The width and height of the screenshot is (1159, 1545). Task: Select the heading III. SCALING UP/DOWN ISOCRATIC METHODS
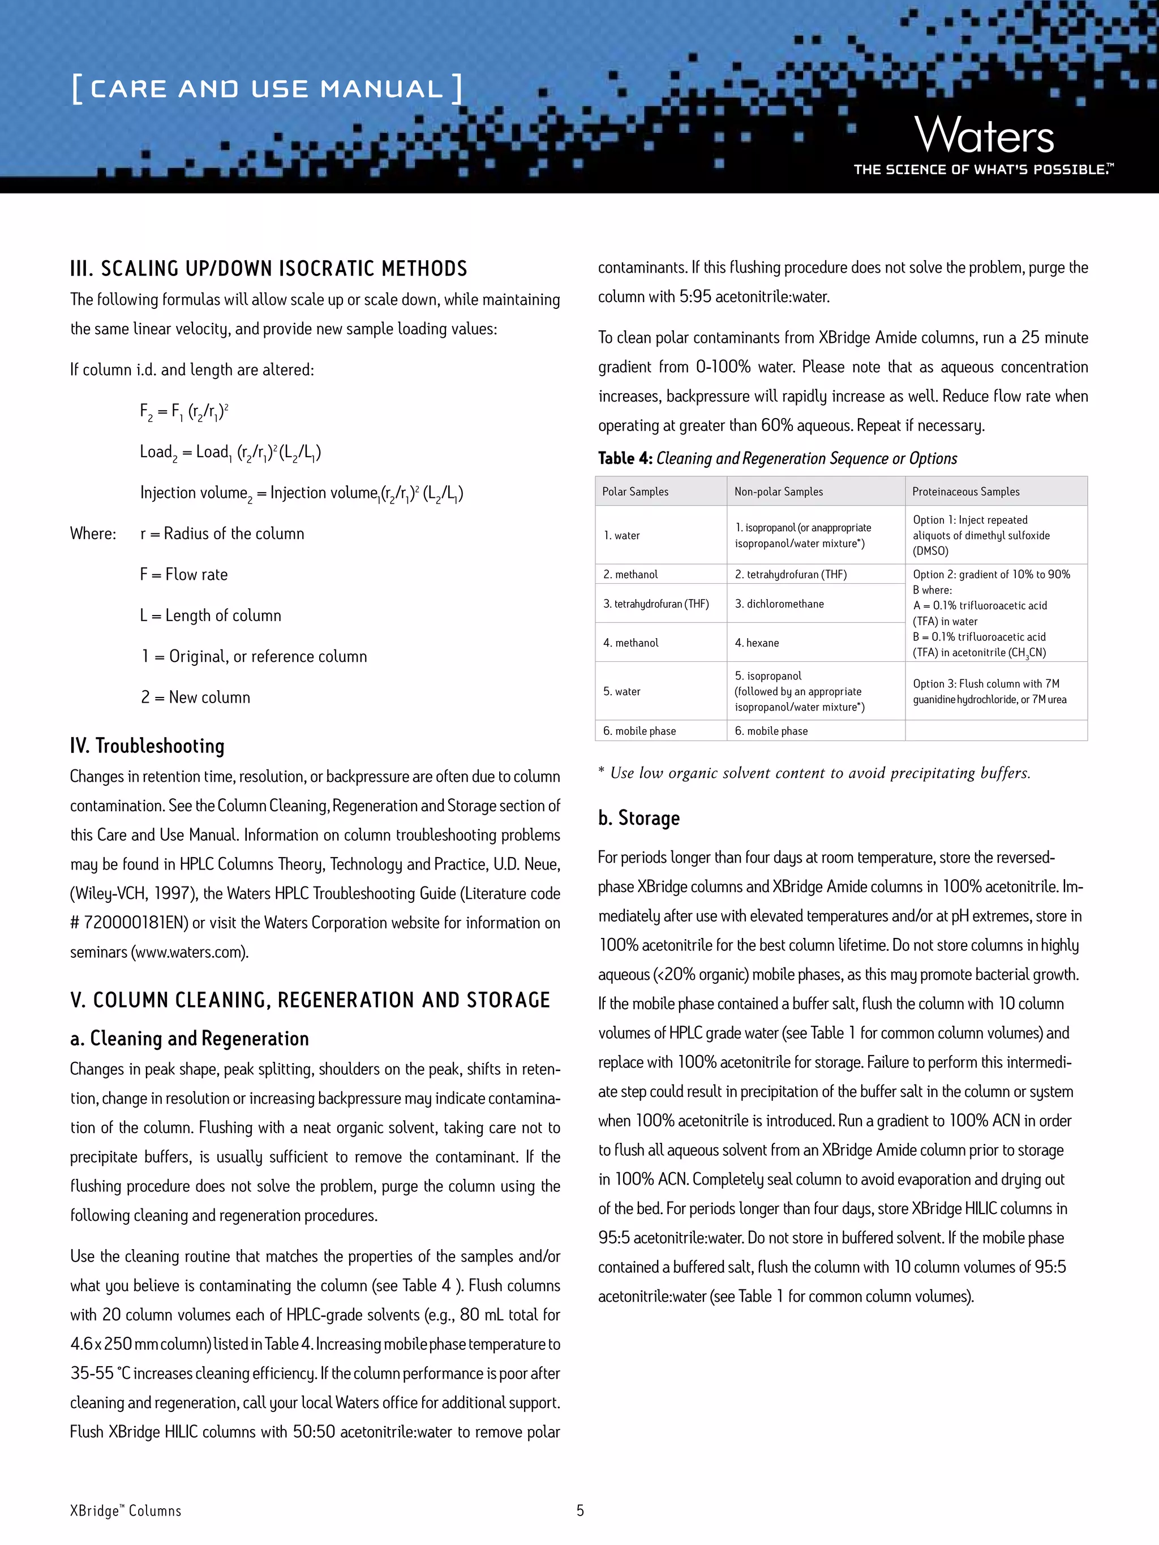(268, 269)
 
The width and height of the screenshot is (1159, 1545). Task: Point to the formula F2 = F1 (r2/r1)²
(184, 411)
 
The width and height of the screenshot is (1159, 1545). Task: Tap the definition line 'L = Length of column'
(211, 616)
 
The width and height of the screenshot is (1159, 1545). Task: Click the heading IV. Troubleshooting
(147, 746)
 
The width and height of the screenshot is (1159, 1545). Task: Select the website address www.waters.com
(190, 952)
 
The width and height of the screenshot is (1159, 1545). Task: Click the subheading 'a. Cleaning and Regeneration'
(190, 1039)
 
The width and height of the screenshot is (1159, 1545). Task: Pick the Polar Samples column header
(635, 492)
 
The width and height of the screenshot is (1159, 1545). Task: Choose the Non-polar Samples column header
(778, 492)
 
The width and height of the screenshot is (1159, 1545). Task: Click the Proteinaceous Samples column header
(965, 492)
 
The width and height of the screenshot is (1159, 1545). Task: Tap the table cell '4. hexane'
(757, 643)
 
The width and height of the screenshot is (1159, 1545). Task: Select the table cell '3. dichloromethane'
(779, 604)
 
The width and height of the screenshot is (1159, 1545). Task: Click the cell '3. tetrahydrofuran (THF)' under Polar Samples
(656, 604)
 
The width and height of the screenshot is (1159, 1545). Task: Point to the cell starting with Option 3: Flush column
(989, 691)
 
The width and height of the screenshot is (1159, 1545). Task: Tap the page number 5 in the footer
(580, 1510)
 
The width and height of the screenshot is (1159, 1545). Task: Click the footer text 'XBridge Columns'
(126, 1511)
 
